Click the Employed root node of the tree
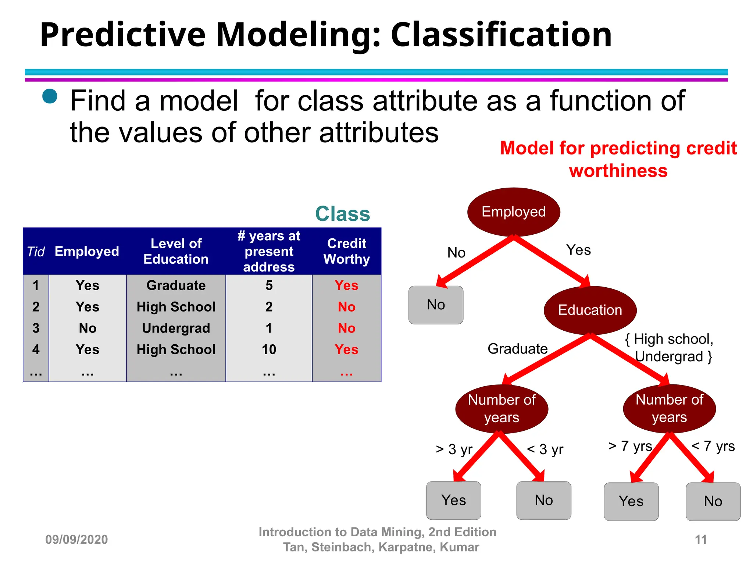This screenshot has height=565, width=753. (513, 212)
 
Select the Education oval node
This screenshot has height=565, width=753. (590, 310)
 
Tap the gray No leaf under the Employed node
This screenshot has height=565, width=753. (436, 305)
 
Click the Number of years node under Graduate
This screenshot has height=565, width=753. (502, 409)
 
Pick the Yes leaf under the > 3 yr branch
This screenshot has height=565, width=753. (453, 500)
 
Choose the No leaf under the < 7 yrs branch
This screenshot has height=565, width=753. (713, 501)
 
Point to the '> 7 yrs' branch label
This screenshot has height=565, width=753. (630, 446)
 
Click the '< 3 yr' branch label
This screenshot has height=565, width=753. (545, 449)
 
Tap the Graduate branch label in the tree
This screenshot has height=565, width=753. (517, 349)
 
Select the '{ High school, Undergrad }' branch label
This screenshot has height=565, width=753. (669, 348)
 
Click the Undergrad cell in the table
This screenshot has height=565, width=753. (176, 328)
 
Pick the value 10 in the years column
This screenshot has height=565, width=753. (269, 349)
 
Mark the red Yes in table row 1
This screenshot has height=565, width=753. (346, 285)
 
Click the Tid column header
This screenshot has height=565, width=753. (36, 252)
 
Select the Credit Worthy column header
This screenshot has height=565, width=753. (346, 251)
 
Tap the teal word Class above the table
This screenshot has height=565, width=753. (342, 214)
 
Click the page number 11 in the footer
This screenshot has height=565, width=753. (700, 540)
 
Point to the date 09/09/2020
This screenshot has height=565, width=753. (76, 540)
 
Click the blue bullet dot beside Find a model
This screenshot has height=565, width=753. (50, 96)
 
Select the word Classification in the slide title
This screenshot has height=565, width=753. (501, 35)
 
